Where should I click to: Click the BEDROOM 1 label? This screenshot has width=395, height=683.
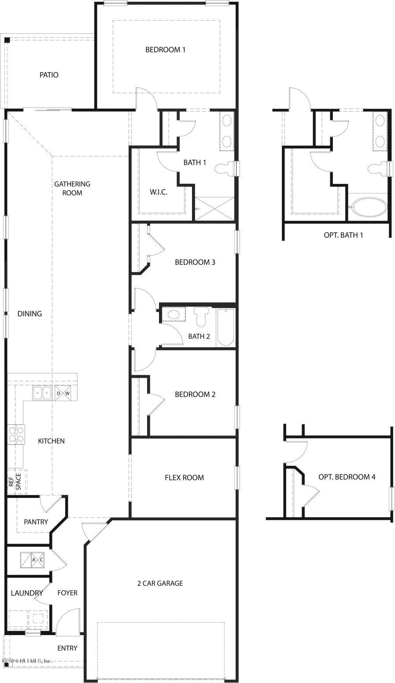click(165, 50)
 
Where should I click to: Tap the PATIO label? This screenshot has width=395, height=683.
click(49, 75)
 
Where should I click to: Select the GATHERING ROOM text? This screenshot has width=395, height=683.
click(72, 188)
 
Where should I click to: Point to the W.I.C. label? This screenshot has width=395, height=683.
click(159, 192)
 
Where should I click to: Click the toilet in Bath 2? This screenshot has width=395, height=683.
click(201, 317)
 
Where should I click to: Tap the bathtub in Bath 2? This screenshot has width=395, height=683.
click(226, 328)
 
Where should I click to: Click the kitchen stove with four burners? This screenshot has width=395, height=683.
click(16, 434)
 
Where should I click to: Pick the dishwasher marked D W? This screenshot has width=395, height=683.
click(63, 393)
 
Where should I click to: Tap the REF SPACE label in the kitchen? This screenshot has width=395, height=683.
click(15, 482)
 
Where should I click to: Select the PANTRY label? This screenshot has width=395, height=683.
click(36, 522)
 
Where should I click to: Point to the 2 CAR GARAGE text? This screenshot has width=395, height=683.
click(160, 584)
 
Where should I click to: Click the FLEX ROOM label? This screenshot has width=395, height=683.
click(184, 478)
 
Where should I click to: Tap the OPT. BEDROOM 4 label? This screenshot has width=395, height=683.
click(347, 477)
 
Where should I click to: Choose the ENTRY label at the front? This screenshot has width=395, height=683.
click(67, 648)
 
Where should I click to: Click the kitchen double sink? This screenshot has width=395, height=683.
click(42, 393)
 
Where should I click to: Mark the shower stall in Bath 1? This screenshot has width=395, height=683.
click(214, 208)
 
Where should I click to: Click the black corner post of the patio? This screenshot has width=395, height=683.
click(7, 40)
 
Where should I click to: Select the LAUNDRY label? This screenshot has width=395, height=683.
click(26, 593)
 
